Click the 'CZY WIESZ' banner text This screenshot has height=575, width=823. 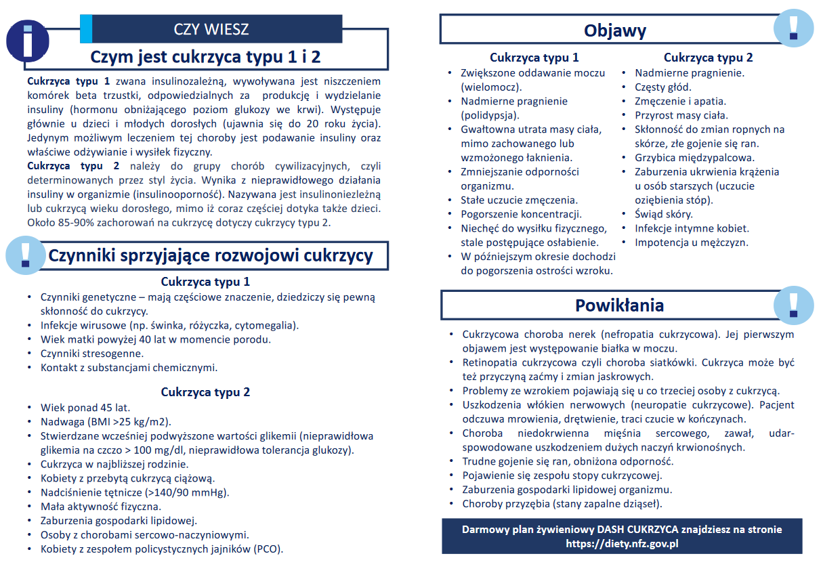tap(211, 29)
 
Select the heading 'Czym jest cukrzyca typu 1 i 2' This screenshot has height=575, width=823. tap(205, 56)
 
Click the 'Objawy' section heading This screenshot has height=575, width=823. tap(615, 30)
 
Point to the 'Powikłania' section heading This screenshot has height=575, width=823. tap(619, 305)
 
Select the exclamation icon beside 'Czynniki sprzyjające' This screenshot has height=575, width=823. tap(26, 255)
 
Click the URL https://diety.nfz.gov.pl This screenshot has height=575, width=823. tap(622, 543)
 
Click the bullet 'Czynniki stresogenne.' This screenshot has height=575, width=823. tap(92, 354)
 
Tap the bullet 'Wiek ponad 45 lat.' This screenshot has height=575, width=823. tap(85, 408)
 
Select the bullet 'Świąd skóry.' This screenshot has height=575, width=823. tap(664, 215)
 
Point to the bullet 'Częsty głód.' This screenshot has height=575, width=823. tap(663, 87)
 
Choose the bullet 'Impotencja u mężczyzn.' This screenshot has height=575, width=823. tap(692, 242)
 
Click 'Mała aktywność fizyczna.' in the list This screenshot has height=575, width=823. tap(101, 507)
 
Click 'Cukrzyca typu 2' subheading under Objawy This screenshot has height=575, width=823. tap(708, 58)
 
